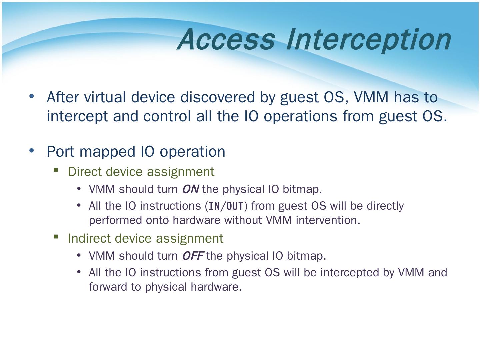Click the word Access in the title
pyautogui.click(x=226, y=39)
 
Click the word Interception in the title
pyautogui.click(x=369, y=41)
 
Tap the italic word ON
pyautogui.click(x=190, y=189)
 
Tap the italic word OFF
pyautogui.click(x=193, y=256)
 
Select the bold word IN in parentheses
pyautogui.click(x=214, y=206)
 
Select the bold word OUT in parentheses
pyautogui.click(x=235, y=206)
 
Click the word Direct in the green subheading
pyautogui.click(x=84, y=172)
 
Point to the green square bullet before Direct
pyautogui.click(x=56, y=170)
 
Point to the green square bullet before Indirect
pyautogui.click(x=56, y=237)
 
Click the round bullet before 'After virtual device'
pyautogui.click(x=32, y=96)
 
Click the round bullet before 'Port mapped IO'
pyautogui.click(x=32, y=150)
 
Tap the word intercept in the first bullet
pyautogui.click(x=77, y=117)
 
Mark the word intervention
pyautogui.click(x=328, y=220)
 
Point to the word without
pyautogui.click(x=243, y=220)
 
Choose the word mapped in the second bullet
pyautogui.click(x=107, y=152)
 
